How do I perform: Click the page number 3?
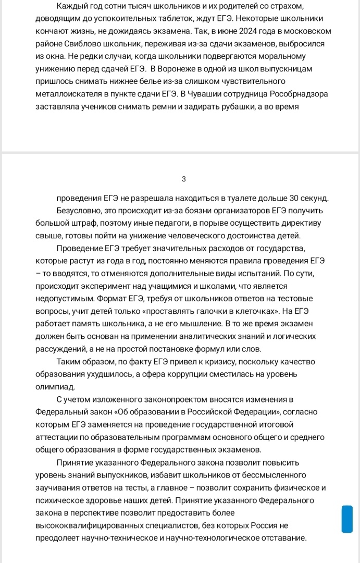(x=183, y=179)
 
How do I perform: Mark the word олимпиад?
(x=55, y=387)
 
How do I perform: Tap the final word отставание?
(x=280, y=538)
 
